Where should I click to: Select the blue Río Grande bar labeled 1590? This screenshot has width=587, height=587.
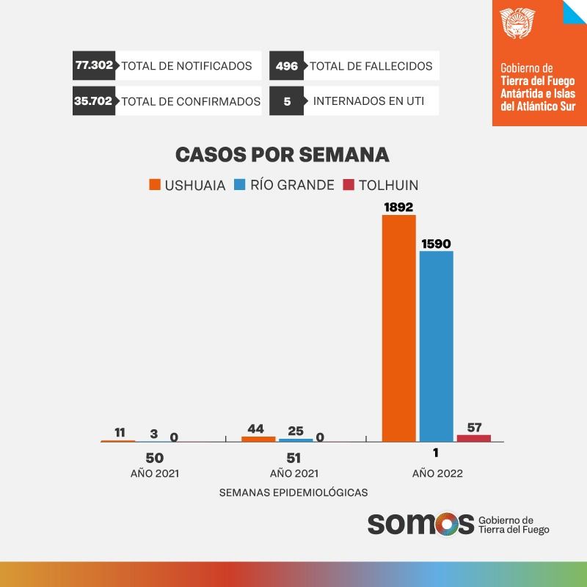click(436, 346)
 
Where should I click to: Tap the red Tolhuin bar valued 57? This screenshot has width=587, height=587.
click(473, 437)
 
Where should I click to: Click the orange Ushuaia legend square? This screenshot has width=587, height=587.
click(154, 185)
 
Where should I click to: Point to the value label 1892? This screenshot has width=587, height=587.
click(398, 207)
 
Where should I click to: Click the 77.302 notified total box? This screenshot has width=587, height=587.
click(94, 65)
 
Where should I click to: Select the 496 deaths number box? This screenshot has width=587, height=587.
click(286, 66)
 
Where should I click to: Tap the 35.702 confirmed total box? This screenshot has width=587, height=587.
click(93, 101)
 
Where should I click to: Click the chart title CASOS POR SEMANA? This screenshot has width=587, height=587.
click(282, 156)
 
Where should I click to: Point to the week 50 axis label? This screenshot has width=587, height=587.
click(154, 458)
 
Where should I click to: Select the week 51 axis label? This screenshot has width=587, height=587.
click(293, 458)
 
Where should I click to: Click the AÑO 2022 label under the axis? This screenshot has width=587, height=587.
click(437, 473)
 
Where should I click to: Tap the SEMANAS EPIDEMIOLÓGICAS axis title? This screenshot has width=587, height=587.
click(293, 492)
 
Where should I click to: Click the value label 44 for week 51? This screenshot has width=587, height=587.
click(256, 429)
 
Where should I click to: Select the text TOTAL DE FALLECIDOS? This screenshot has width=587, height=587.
click(371, 66)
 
